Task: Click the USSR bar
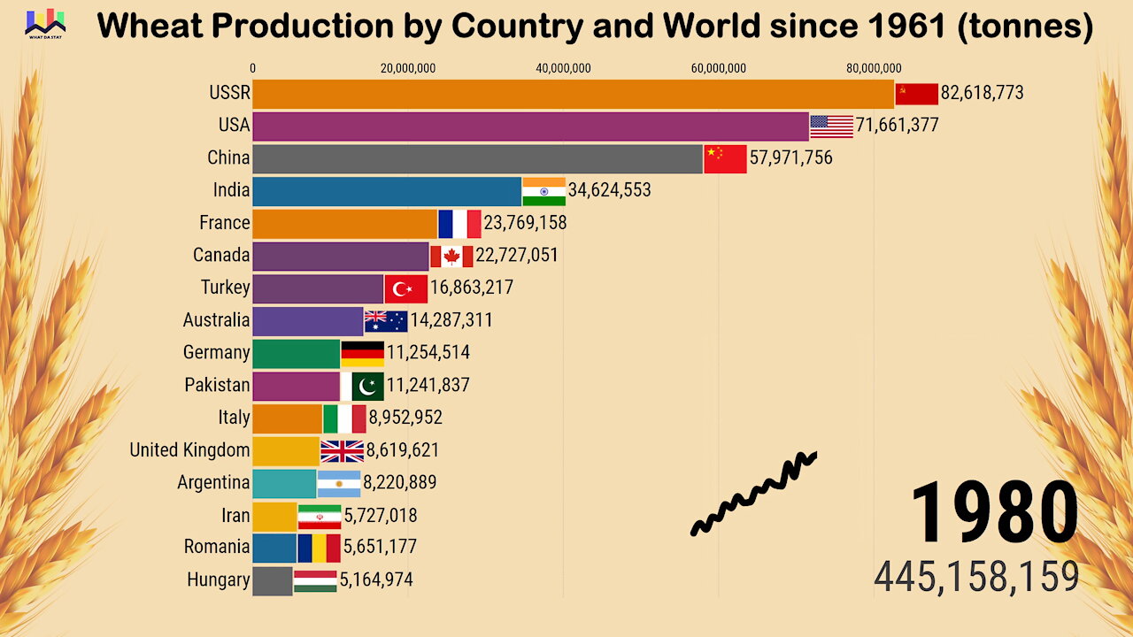pos(573,94)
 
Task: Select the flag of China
pos(725,159)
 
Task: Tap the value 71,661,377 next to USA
pos(897,126)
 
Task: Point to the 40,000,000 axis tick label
pos(564,68)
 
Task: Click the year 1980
pos(994,513)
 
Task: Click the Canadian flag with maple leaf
pos(451,257)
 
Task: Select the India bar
pos(387,191)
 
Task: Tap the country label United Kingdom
pos(189,450)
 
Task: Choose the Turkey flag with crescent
pos(406,288)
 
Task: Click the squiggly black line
pos(753,494)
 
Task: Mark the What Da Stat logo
pos(45,23)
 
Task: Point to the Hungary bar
pos(272,581)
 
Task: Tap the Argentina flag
pos(339,483)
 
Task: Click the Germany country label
pos(216,353)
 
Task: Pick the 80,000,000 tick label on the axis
pos(874,68)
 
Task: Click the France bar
pos(344,224)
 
